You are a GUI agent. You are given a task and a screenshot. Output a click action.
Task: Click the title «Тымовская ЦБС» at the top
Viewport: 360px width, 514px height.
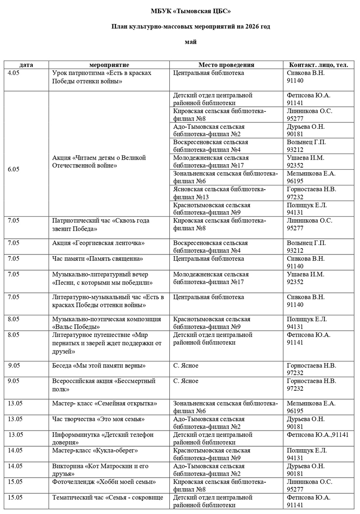tap(191, 11)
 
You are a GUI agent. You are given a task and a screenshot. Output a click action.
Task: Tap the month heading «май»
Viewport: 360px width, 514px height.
tap(191, 41)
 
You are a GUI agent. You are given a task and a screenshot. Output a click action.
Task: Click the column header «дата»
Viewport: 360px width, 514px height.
tap(26, 65)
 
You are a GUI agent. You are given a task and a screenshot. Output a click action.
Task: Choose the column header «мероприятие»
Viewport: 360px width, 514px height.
tap(109, 65)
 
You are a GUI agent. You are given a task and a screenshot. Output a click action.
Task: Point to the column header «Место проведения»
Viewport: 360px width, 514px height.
tap(226, 65)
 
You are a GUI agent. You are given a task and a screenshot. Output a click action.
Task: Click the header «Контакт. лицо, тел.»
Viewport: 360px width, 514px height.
tap(318, 65)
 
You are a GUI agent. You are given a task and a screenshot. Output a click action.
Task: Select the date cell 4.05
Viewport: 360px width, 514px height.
tap(14, 73)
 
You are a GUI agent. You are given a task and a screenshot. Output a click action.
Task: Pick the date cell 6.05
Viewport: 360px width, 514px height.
tap(14, 169)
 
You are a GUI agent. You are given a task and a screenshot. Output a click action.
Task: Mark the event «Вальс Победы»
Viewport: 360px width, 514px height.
tap(76, 327)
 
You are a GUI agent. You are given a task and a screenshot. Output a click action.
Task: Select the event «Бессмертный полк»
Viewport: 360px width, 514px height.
tap(104, 385)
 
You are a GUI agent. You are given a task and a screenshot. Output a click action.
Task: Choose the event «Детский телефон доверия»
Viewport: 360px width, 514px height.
tap(102, 439)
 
